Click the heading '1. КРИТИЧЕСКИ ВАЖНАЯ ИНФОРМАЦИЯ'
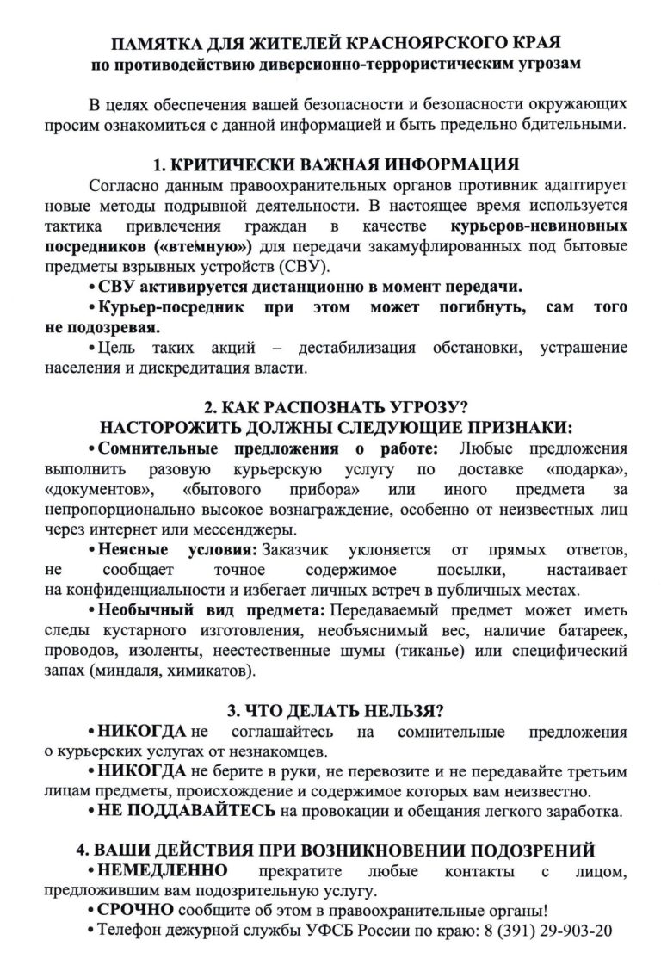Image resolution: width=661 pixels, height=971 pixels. tap(330, 165)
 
